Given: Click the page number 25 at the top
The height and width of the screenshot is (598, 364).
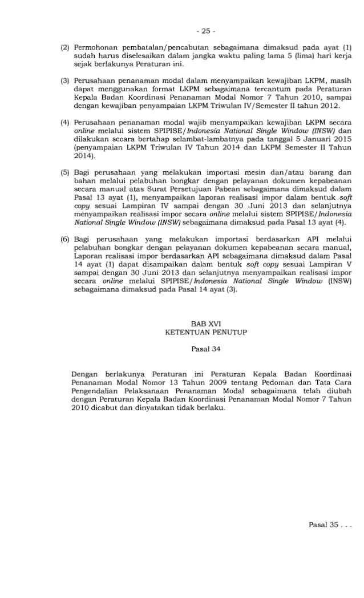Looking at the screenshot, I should [181, 11].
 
